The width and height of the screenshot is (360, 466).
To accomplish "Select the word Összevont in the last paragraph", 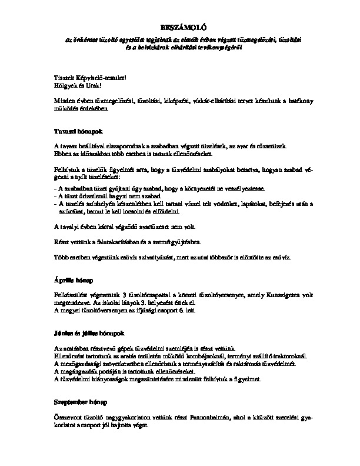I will coord(67,415).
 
